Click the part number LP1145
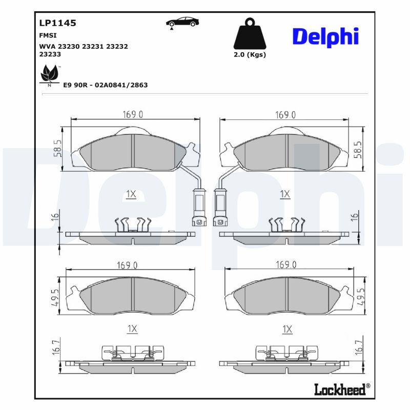(x=57, y=23)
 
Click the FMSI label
(x=48, y=36)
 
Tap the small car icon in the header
(x=182, y=22)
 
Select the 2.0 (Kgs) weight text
(x=250, y=55)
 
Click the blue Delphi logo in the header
(x=325, y=36)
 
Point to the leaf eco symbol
(x=49, y=75)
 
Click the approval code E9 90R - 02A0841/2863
(x=105, y=85)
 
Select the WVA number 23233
(x=50, y=53)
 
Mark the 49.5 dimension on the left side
(x=55, y=296)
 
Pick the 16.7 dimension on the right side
(x=359, y=347)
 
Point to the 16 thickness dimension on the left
(x=55, y=218)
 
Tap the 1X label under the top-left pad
(x=131, y=194)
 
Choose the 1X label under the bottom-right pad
(x=287, y=329)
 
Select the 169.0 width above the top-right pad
(x=285, y=115)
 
